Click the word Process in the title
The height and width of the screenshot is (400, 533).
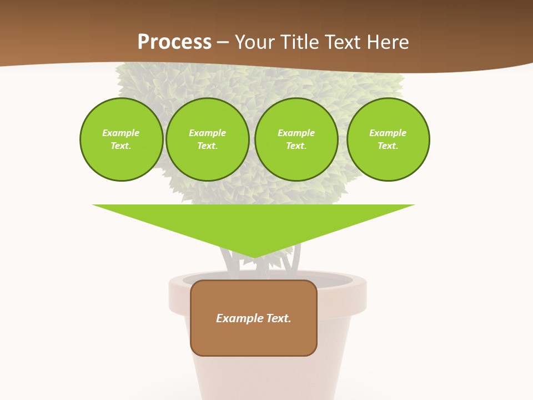click(x=174, y=42)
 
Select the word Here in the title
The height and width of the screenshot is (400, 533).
click(x=389, y=42)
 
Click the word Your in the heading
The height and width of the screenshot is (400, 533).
click(x=255, y=42)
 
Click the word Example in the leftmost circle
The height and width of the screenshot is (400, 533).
click(x=121, y=133)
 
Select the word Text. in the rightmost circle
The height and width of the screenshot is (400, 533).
click(x=388, y=146)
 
